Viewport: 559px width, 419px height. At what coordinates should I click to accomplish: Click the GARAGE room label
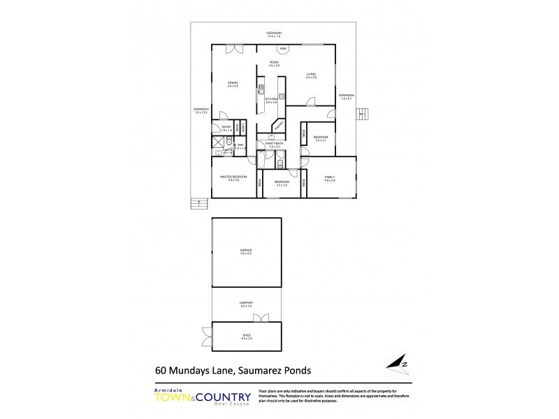tap(245, 249)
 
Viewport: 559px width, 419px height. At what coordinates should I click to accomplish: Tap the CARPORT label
tap(245, 302)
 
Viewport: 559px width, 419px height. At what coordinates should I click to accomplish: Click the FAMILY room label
tap(330, 177)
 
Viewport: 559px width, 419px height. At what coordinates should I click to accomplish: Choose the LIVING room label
tap(311, 74)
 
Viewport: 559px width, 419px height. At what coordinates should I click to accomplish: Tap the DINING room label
tap(233, 83)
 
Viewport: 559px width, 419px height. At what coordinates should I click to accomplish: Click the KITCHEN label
tap(271, 99)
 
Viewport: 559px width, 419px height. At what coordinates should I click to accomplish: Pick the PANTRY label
tap(278, 126)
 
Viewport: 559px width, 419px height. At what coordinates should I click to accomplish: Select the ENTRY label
tap(226, 127)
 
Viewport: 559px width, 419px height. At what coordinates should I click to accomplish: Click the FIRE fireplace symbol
tap(283, 49)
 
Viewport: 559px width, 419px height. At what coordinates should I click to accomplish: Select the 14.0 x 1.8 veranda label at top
tap(274, 34)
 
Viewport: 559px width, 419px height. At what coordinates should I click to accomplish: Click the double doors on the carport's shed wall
tap(261, 318)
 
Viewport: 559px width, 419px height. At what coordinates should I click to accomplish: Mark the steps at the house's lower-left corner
tap(199, 204)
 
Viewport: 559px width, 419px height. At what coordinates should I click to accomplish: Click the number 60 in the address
tap(161, 372)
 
